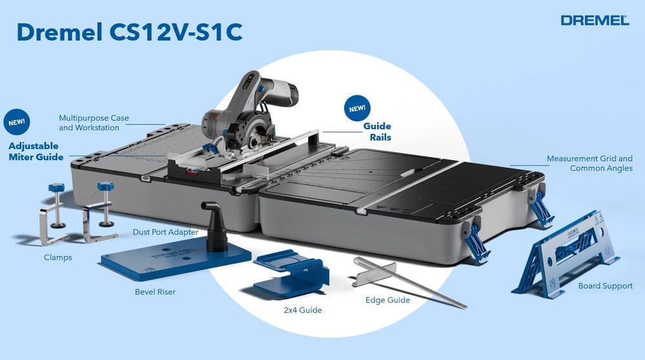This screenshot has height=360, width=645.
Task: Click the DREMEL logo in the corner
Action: [595, 20]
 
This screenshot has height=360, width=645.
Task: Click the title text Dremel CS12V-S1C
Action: [130, 32]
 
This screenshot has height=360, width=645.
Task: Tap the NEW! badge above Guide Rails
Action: [357, 108]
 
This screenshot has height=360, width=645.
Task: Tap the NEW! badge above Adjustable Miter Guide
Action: [17, 122]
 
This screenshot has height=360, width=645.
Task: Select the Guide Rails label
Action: [377, 132]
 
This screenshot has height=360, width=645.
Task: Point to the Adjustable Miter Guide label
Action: [36, 151]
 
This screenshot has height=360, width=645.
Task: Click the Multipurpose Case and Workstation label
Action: [94, 123]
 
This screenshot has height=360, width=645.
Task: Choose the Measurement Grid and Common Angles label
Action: [589, 163]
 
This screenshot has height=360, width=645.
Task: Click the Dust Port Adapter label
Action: [165, 232]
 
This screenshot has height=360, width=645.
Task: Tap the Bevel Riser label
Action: [155, 292]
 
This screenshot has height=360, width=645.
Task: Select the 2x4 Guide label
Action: [303, 310]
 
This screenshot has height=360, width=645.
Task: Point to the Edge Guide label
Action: [387, 300]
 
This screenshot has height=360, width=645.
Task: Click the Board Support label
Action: [606, 286]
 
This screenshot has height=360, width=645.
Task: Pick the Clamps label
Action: [58, 257]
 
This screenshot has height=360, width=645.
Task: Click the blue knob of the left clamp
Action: [56, 188]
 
